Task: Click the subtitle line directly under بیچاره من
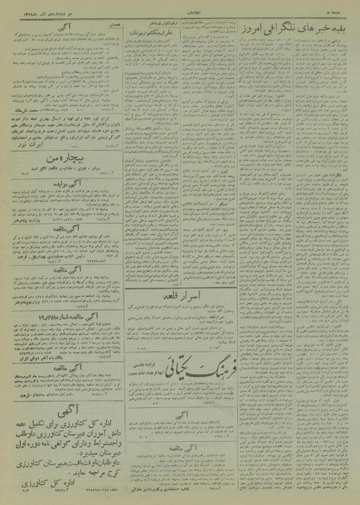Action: tap(64, 192)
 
